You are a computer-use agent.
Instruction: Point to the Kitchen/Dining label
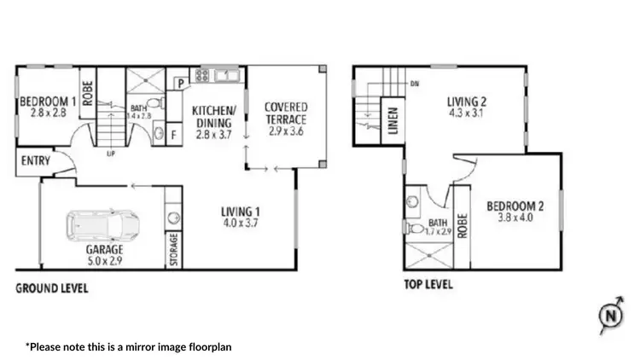(213, 122)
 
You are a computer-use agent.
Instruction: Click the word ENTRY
(33, 160)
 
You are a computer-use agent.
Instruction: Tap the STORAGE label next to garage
(173, 250)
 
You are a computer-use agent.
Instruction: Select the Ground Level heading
(52, 288)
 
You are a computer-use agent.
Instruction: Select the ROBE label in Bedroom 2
(463, 224)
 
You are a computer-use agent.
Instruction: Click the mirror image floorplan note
(128, 347)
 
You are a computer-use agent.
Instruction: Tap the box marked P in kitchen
(181, 83)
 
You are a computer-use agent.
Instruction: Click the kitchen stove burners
(203, 75)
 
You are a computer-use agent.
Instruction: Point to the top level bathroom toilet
(413, 202)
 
